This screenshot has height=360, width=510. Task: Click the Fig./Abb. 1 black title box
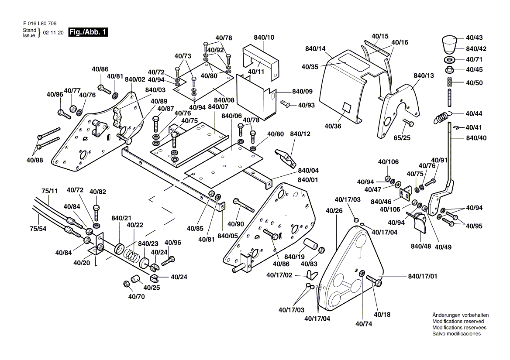pos(88,32)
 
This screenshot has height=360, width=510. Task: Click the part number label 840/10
pos(264,38)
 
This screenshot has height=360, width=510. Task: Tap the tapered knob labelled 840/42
pos(448,44)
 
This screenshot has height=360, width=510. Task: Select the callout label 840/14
pos(316,48)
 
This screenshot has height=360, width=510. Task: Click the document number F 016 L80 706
pos(39,23)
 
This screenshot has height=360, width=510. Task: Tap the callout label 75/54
pos(38,228)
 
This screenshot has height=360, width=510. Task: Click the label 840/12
pos(300,134)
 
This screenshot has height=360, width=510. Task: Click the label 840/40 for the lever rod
pos(476,138)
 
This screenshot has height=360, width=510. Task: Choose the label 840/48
pos(420,246)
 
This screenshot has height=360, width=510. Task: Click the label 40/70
pos(136,297)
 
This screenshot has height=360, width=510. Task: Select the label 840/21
pos(121,218)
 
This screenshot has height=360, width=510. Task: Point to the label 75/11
pos(50,191)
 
